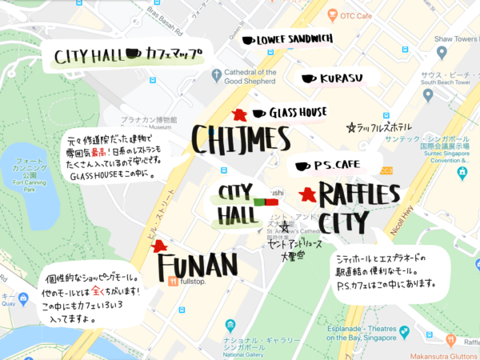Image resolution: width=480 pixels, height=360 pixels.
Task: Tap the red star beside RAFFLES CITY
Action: pos(306,194)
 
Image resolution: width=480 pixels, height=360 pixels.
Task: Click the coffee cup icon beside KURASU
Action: pos(307,79)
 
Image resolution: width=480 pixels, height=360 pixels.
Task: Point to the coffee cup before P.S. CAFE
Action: pos(302,166)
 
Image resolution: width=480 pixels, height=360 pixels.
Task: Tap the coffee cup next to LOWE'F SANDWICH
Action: pos(248,40)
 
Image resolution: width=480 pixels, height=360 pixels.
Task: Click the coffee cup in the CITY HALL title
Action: pos(133,55)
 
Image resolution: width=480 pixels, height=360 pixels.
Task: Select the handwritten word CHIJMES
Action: pos(239,140)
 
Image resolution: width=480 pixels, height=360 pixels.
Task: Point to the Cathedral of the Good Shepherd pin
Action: pos(216,75)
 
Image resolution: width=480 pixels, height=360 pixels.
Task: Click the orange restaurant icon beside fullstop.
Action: pos(174,281)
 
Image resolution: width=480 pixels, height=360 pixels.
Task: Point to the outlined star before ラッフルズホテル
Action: pos(350,127)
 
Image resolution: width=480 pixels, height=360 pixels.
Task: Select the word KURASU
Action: pos(342,79)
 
